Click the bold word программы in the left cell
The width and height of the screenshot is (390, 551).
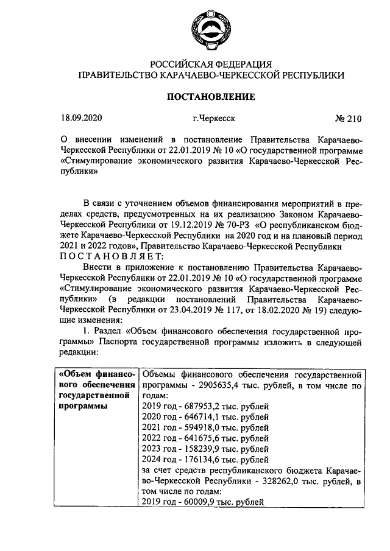[x=79, y=406]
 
